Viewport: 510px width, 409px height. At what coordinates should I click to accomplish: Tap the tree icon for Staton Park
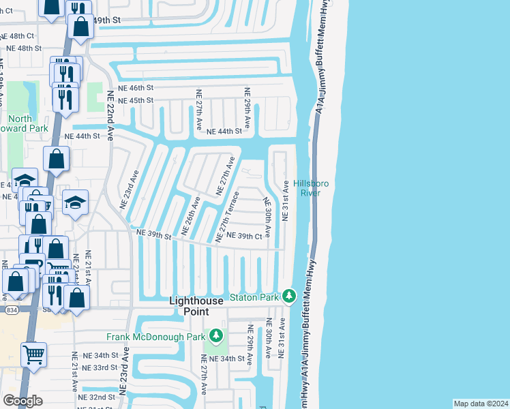289,297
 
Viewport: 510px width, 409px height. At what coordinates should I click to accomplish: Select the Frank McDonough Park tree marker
216,336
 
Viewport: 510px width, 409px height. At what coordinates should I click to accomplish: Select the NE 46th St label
136,88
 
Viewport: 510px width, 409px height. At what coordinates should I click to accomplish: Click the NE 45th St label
136,101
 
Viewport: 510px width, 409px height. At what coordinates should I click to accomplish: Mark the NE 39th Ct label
244,236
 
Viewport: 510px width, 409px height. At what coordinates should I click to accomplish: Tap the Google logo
22,401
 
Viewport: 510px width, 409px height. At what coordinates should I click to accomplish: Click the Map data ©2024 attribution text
481,404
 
